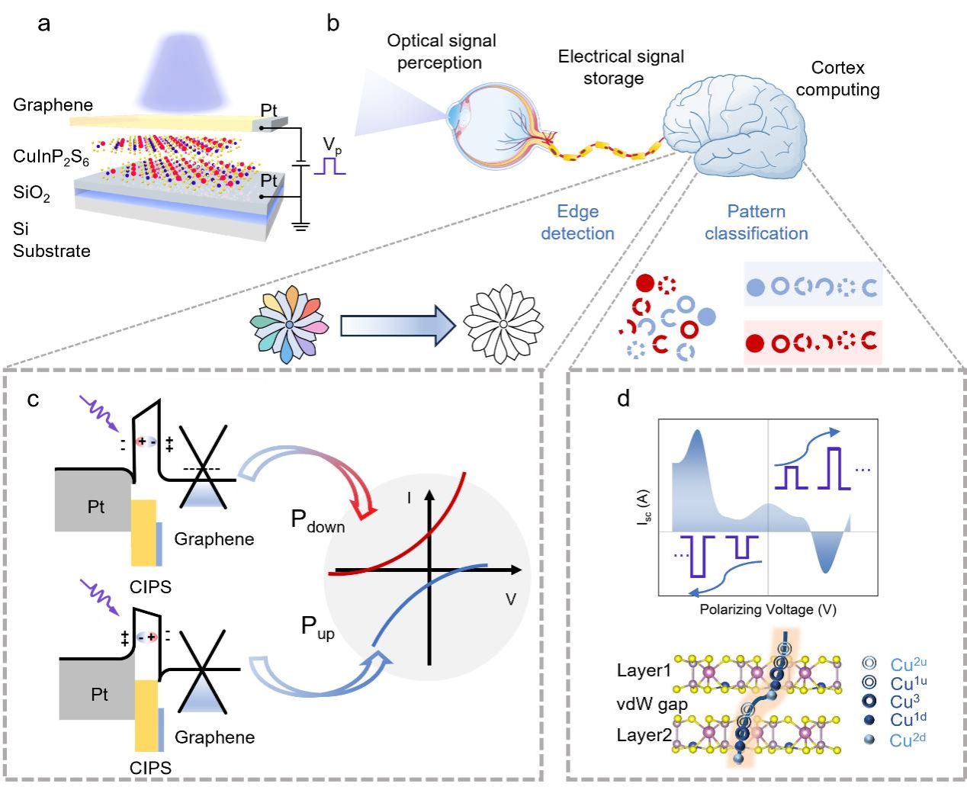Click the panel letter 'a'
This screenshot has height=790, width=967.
[45, 24]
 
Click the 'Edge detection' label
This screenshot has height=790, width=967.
[577, 222]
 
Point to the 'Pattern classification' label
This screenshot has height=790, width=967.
[756, 222]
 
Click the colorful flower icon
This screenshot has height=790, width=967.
[289, 326]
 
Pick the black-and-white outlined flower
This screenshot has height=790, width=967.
[503, 325]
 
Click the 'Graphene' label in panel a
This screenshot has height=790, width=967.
[53, 105]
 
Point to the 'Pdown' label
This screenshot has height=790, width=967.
[317, 522]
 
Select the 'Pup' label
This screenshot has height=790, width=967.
[317, 628]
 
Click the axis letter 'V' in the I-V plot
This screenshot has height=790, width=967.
[510, 600]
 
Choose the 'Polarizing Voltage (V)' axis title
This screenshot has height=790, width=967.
[768, 610]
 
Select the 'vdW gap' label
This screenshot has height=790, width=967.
[652, 704]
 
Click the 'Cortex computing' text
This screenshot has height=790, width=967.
[837, 79]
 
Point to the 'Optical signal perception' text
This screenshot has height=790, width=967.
[441, 51]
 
